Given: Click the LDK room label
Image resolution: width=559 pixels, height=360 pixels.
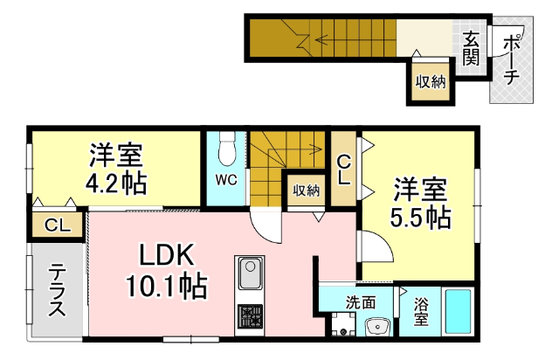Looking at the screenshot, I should pyautogui.click(x=162, y=255).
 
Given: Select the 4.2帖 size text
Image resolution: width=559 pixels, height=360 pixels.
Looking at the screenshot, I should pyautogui.click(x=114, y=184).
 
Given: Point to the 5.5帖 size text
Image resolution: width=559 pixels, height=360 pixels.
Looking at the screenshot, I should pyautogui.click(x=420, y=217).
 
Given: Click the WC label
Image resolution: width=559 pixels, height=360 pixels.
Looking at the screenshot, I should pyautogui.click(x=226, y=181).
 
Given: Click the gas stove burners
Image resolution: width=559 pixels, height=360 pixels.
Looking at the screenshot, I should pyautogui.click(x=250, y=315).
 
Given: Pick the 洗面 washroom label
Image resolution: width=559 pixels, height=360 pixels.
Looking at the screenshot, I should pyautogui.click(x=360, y=303).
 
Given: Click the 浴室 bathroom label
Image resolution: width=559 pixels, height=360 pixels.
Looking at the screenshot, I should pyautogui.click(x=421, y=312).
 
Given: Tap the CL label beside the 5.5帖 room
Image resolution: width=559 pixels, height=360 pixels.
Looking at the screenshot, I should pyautogui.click(x=343, y=170).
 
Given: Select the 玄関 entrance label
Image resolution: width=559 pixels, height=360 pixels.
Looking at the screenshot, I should pyautogui.click(x=471, y=48).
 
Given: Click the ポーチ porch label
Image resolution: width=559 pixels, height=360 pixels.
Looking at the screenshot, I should pyautogui.click(x=513, y=58).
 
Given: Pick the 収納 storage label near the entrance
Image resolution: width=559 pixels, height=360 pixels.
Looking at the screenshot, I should pyautogui.click(x=431, y=82).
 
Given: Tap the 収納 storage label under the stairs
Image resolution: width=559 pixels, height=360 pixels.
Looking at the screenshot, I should pyautogui.click(x=306, y=190).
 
